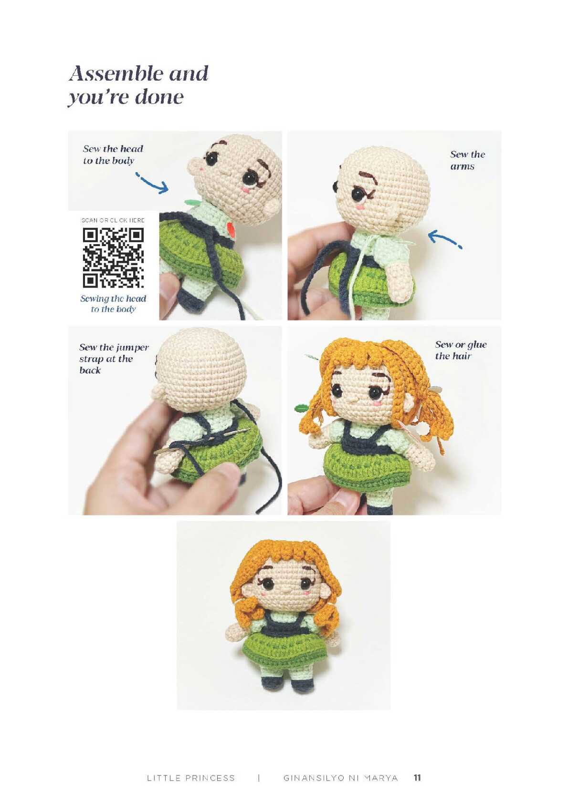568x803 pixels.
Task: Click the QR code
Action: click(x=114, y=258)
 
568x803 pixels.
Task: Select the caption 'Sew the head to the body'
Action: click(x=113, y=154)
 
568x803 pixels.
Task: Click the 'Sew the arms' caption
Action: click(x=467, y=160)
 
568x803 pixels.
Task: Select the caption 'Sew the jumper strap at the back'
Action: click(x=114, y=359)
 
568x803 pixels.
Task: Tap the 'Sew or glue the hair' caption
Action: click(x=461, y=350)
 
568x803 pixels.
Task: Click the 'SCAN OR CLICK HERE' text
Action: click(x=113, y=220)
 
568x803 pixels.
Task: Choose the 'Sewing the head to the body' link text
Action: click(x=113, y=304)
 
